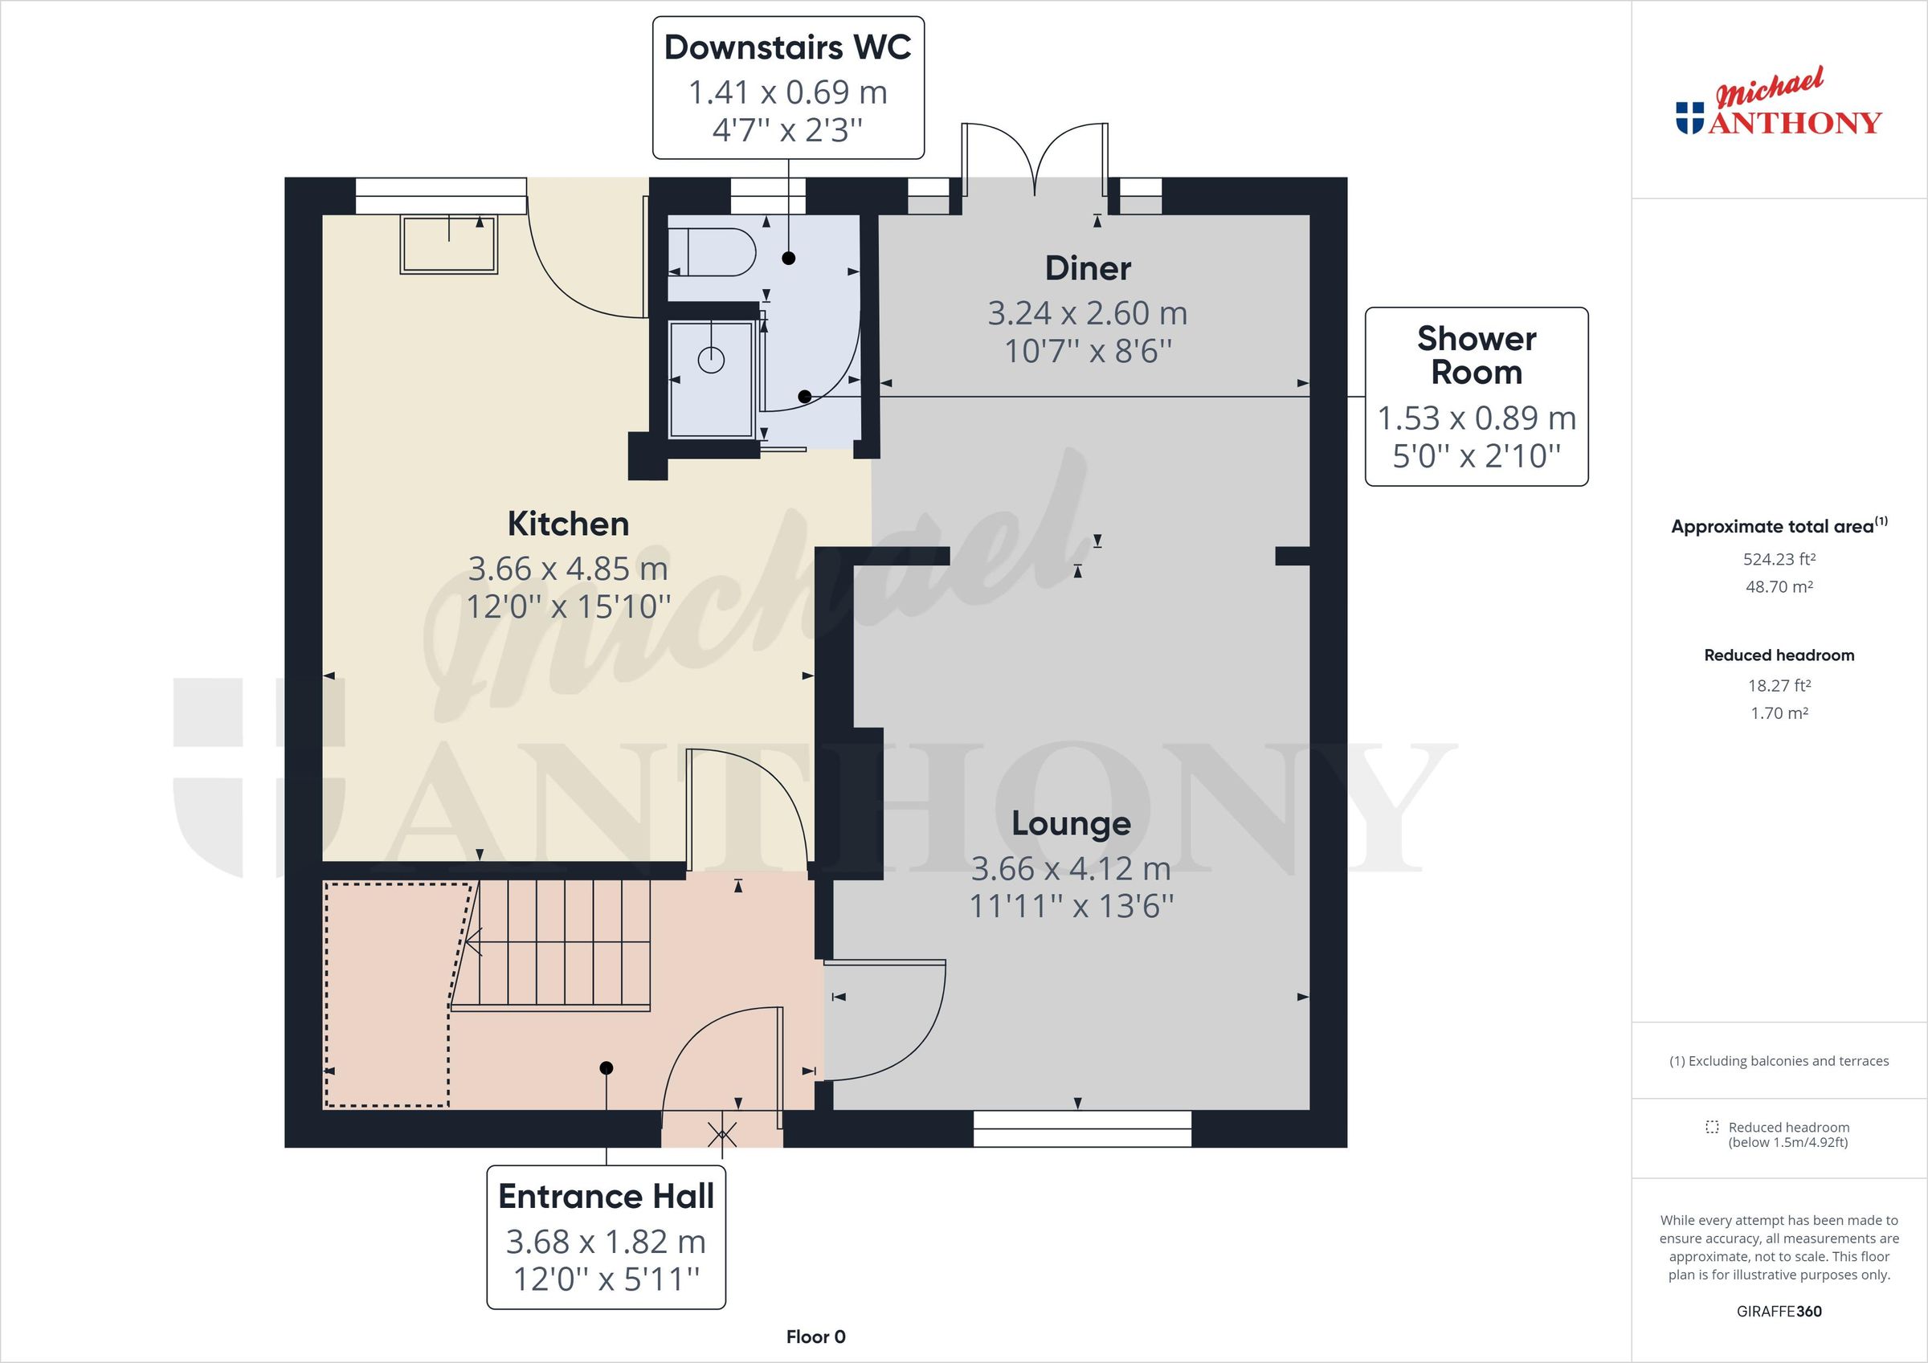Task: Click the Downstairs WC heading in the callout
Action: pos(786,48)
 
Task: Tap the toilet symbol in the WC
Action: pos(714,252)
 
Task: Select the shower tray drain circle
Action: pos(711,360)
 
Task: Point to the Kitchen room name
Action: pos(568,524)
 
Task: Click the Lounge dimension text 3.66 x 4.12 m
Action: pos(1071,868)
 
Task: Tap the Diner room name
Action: pos(1088,269)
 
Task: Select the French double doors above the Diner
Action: pos(1035,160)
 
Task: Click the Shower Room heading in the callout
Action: pos(1477,355)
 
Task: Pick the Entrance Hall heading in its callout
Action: pos(606,1197)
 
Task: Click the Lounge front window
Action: pos(1081,1128)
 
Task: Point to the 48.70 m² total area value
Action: pos(1779,587)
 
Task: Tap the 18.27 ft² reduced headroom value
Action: pos(1779,685)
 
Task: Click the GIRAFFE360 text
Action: pos(1779,1311)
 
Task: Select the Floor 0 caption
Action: pos(815,1337)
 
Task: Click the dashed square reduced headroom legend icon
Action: pos(1712,1127)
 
